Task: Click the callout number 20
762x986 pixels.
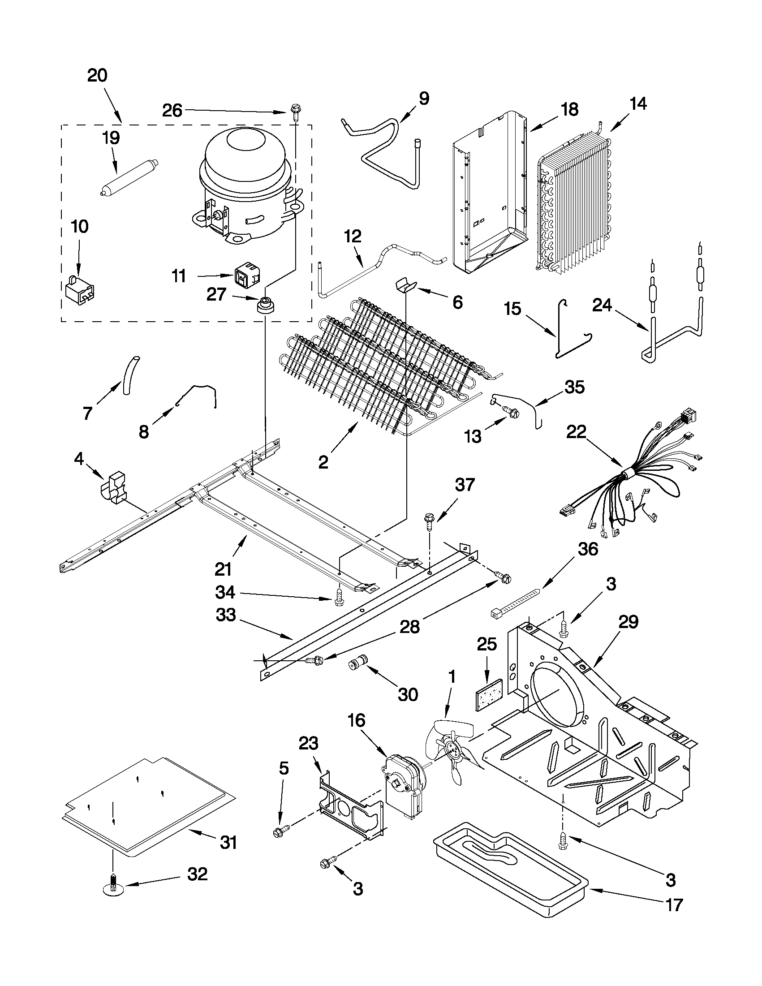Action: pos(97,75)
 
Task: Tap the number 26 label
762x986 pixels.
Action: pos(172,110)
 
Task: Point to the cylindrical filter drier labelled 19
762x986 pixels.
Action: pos(129,177)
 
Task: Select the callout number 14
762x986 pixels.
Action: pos(638,104)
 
